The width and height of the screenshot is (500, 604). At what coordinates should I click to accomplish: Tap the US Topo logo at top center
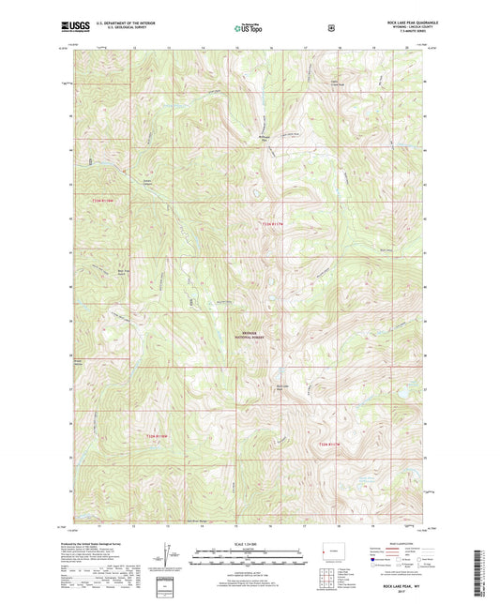(247, 28)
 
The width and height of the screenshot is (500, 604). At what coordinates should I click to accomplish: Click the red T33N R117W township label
(272, 222)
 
